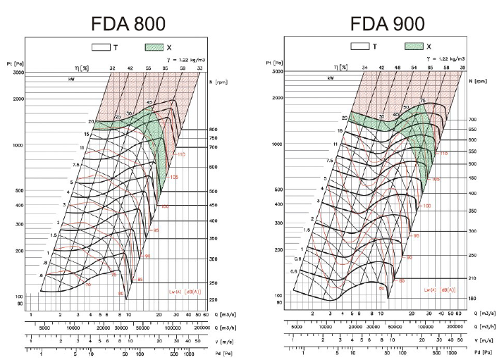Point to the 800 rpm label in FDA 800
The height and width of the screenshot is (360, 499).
213,130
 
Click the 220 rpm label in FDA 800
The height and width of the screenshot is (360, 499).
213,299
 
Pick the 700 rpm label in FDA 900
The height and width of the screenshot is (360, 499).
472,120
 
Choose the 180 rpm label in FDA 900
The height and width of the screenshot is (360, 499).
472,299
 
